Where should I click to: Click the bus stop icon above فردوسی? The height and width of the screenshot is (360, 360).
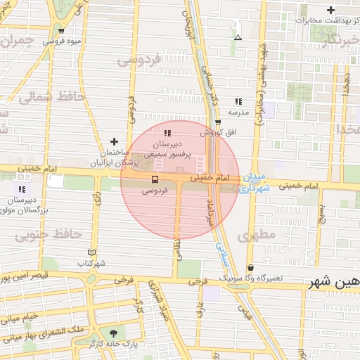tap(155, 179)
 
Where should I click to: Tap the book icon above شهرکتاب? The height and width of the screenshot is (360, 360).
tap(91, 252)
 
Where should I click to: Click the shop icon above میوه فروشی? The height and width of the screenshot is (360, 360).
tap(62, 30)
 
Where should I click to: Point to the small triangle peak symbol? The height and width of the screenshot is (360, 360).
tap(238, 37)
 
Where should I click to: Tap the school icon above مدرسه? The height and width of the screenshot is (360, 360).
tap(238, 101)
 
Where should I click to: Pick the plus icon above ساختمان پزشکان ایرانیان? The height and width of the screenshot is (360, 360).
tap(114, 142)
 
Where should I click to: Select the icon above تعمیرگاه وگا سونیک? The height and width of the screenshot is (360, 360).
tap(251, 267)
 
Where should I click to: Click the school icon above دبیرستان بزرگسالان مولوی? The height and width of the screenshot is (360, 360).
tap(22, 189)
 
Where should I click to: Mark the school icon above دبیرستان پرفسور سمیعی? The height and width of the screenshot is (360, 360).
tap(167, 132)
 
